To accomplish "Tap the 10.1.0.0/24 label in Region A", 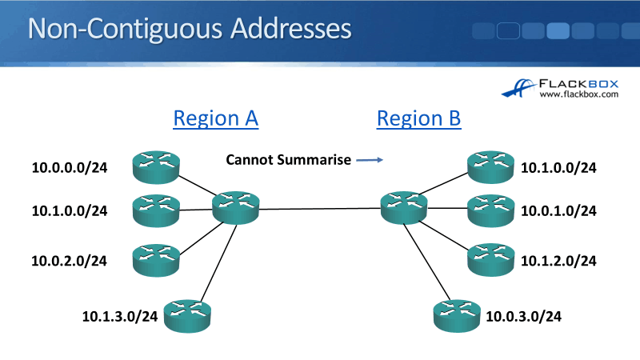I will pos(70,211).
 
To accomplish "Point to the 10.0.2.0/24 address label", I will pos(70,260).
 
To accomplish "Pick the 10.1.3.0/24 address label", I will pos(120,316).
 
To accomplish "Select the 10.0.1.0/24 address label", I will pos(558,211).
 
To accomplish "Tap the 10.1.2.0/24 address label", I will pos(558,260).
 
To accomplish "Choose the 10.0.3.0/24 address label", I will pos(523,316).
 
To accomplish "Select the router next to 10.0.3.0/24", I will pos(456,315).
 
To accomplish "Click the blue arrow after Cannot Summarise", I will pos(369,160).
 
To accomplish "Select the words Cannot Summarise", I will pos(288,160).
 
